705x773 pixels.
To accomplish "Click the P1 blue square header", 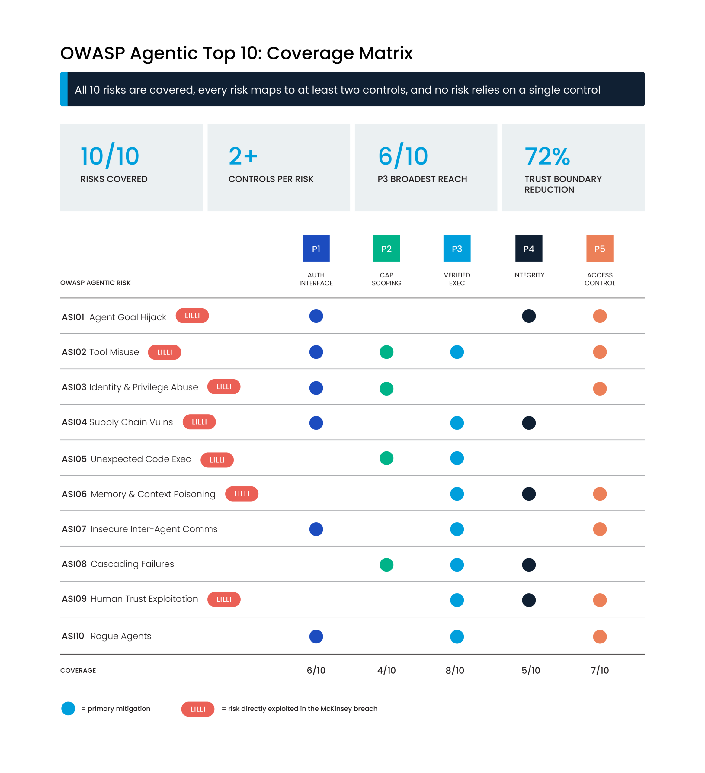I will point(316,249).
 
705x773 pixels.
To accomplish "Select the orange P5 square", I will point(600,249).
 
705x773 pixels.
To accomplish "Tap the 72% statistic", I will point(547,156).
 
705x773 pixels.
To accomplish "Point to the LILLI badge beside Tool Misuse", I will point(165,352).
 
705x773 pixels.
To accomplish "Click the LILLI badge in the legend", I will point(197,709).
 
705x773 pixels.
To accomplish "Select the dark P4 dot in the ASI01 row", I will point(529,316).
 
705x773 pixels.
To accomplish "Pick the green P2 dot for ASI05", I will point(386,458).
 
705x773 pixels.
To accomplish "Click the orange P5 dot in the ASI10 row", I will point(600,637).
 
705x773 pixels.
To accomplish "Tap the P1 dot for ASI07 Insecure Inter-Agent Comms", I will point(316,529).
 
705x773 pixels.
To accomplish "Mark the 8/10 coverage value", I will point(455,670).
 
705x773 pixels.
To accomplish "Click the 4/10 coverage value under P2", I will point(386,670).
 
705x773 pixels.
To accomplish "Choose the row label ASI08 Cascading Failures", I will point(118,564).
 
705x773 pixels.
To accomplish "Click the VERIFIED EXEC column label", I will point(457,279).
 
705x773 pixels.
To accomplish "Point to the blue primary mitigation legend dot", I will point(68,708).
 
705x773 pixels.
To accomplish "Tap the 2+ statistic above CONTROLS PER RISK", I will point(243,156).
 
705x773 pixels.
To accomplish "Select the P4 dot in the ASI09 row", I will point(529,600).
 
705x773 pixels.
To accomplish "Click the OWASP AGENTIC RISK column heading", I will point(95,283).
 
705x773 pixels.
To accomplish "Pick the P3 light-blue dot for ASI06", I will point(457,494).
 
